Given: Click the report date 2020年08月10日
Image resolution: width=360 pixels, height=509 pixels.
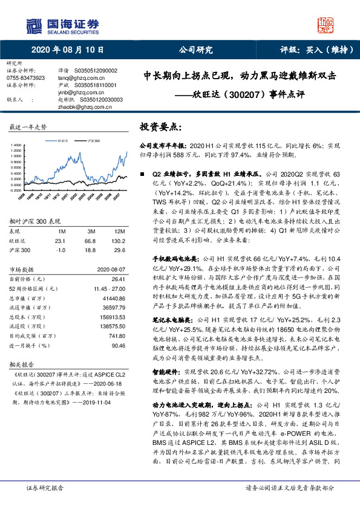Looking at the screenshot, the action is (x=55, y=50).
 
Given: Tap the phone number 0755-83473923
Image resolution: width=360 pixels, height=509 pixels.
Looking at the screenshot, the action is (x=25, y=78).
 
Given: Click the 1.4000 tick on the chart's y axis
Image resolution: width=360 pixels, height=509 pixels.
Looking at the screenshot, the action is (x=17, y=145).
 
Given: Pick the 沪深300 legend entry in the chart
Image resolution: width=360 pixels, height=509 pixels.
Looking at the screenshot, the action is (x=93, y=140).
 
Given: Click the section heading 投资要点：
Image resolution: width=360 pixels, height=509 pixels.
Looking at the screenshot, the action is (x=160, y=128).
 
